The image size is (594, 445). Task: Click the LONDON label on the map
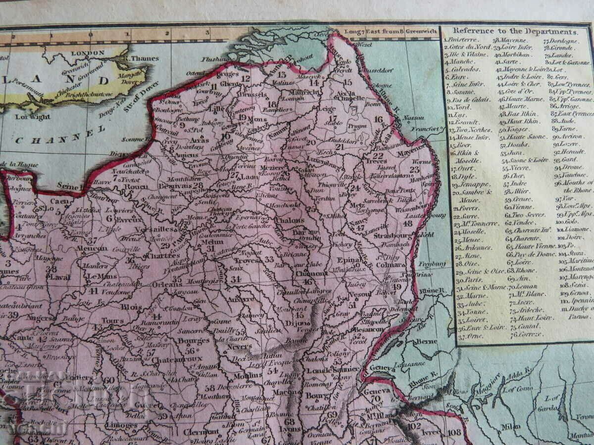[x=88, y=52]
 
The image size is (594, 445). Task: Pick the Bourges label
[x=194, y=340]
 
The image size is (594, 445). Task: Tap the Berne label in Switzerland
[x=427, y=341]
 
